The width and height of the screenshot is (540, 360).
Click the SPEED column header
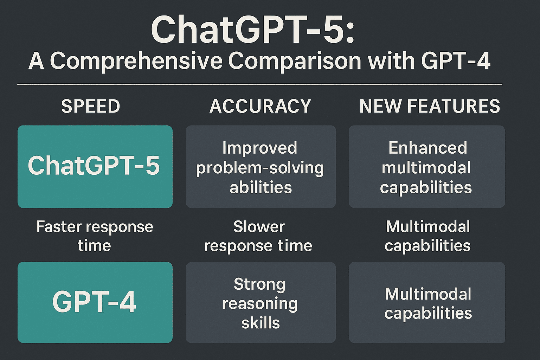coord(91,106)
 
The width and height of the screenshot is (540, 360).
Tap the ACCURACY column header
coord(261,106)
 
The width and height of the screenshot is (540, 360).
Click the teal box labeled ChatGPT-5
coord(95,167)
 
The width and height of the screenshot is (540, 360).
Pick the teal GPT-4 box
coord(95,302)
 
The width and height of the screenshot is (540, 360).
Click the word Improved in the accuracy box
coord(260,148)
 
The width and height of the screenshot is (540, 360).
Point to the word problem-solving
coord(260,168)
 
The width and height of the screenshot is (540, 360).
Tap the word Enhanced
coord(428,148)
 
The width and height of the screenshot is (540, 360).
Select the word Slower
coord(259,227)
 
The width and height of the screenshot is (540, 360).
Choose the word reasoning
coord(260,304)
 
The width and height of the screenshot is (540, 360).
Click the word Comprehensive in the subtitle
coord(136,61)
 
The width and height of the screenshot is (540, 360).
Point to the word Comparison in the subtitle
coord(295,61)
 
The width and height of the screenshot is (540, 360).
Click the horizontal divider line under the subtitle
coord(260,84)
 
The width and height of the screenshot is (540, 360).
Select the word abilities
coord(261,187)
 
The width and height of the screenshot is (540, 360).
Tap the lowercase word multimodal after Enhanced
coord(426,168)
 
